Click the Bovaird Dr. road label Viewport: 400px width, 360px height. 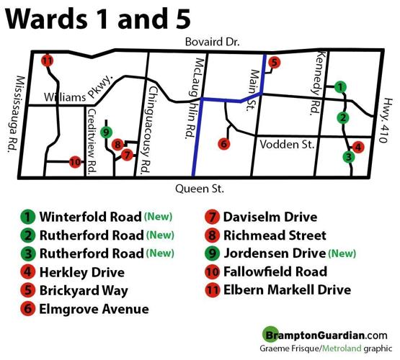pos(211,42)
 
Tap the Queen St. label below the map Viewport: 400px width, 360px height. pos(200,189)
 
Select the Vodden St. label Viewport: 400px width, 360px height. pos(287,144)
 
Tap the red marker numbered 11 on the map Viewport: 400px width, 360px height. pos(48,60)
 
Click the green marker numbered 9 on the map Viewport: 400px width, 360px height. pos(107,132)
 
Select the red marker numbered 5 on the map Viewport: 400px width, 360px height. pos(274,63)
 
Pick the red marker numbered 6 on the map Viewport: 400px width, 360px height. pos(224,144)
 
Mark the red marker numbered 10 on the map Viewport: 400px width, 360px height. pos(74,162)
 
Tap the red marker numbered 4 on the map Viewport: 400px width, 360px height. pos(359,146)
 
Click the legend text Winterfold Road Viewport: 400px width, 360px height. pos(90,216)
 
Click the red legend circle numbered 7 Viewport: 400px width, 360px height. pos(213,216)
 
